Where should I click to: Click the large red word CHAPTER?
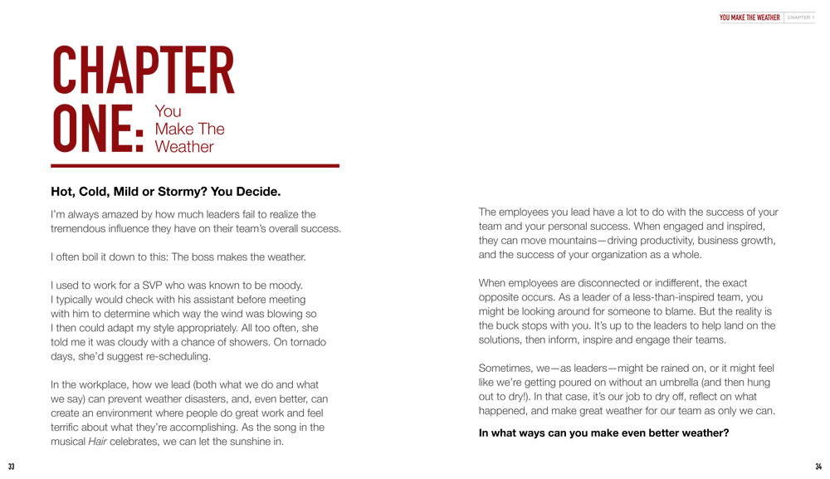point(143,71)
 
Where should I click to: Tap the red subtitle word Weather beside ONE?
point(184,147)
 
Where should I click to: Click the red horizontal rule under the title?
point(195,166)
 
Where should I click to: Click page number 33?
point(12,467)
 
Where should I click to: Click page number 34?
point(818,467)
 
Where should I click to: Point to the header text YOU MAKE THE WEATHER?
point(749,17)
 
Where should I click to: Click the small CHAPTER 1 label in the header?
point(801,17)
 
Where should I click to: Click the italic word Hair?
point(98,442)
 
